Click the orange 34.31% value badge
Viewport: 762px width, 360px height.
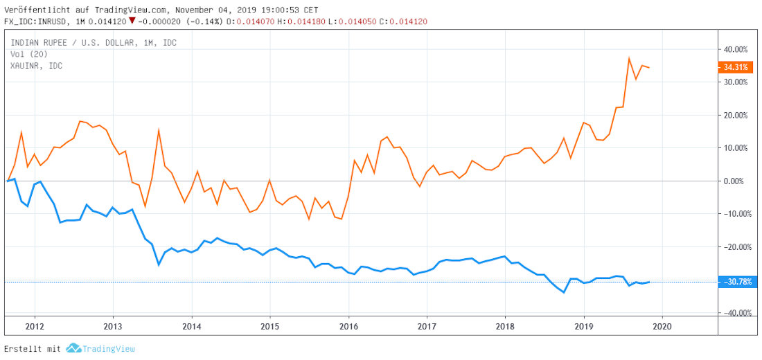point(734,67)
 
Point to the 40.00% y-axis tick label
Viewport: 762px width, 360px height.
point(736,49)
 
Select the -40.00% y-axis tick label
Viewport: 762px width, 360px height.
point(735,313)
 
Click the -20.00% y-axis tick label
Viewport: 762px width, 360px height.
point(735,246)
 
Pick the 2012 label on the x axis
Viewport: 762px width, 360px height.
point(35,325)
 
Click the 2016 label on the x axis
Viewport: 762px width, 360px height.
point(348,325)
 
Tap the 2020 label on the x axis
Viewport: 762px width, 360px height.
point(663,325)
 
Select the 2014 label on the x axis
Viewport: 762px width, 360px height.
point(191,325)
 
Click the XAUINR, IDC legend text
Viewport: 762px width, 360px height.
point(36,65)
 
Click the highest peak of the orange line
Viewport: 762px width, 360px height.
point(629,58)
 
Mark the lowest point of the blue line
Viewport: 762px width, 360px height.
point(564,292)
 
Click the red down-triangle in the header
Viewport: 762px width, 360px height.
point(132,21)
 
